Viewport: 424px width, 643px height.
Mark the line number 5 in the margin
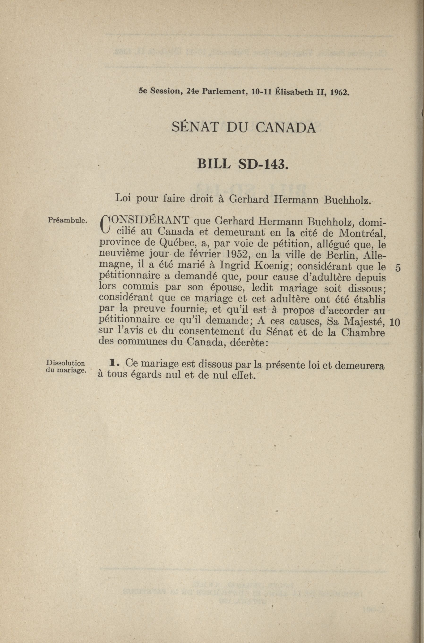(397, 268)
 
